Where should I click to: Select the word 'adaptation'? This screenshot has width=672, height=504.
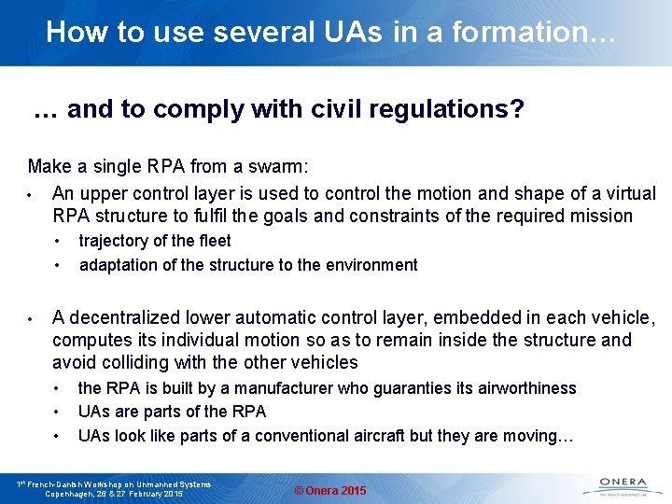119,264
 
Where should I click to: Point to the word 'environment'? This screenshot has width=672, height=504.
371,264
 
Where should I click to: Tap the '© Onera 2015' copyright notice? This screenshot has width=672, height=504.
330,491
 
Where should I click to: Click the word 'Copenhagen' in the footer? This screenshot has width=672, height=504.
74,493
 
